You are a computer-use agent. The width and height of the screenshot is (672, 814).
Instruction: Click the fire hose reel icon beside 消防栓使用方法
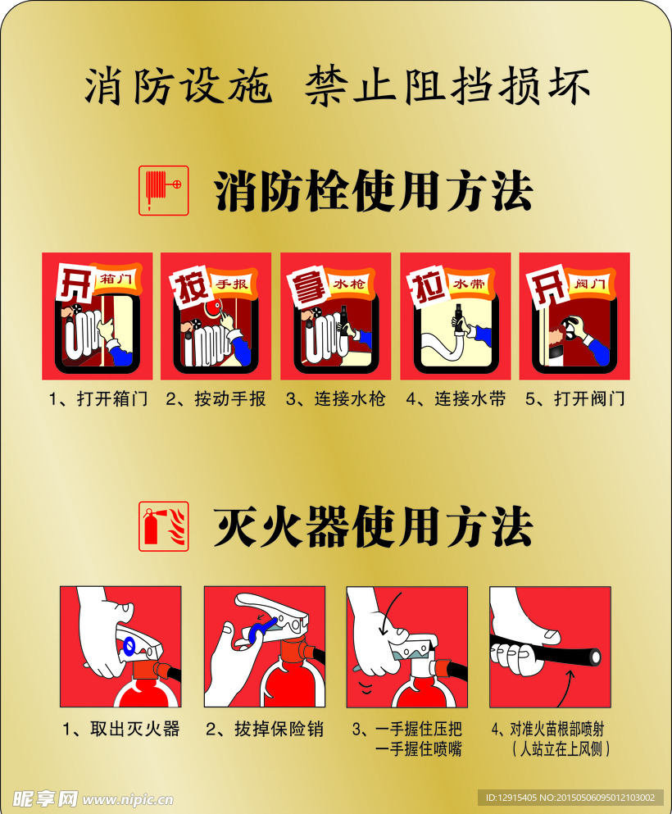(164, 190)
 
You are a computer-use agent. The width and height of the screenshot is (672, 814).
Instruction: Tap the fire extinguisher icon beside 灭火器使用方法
(164, 525)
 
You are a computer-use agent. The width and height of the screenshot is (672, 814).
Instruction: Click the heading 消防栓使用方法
(374, 192)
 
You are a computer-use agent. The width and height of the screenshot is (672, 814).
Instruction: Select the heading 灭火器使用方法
(374, 526)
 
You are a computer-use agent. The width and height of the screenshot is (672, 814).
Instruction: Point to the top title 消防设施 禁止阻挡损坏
(337, 86)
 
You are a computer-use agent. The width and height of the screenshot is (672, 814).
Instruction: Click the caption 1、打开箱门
(98, 399)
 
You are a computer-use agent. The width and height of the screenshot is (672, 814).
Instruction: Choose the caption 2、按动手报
(216, 399)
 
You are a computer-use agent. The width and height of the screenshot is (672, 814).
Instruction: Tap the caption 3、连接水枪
(335, 399)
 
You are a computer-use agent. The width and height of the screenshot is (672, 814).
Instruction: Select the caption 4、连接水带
(456, 399)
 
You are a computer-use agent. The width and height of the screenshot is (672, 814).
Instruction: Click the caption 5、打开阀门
(575, 399)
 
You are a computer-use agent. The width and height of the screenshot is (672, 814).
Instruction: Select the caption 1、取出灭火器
(121, 728)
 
